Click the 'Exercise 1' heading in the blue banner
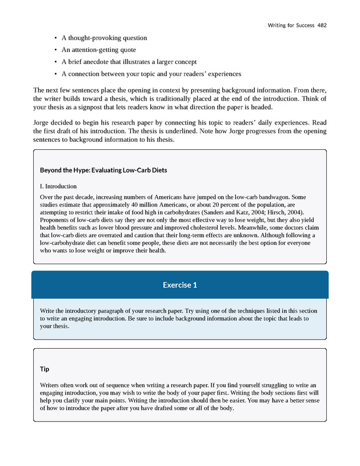[179, 285]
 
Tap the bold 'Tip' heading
[45, 369]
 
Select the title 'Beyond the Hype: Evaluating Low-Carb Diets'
[103, 170]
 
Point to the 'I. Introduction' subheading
[58, 186]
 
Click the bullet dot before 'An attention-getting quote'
[55, 50]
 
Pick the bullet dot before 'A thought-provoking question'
[55, 38]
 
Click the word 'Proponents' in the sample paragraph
[57, 218]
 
